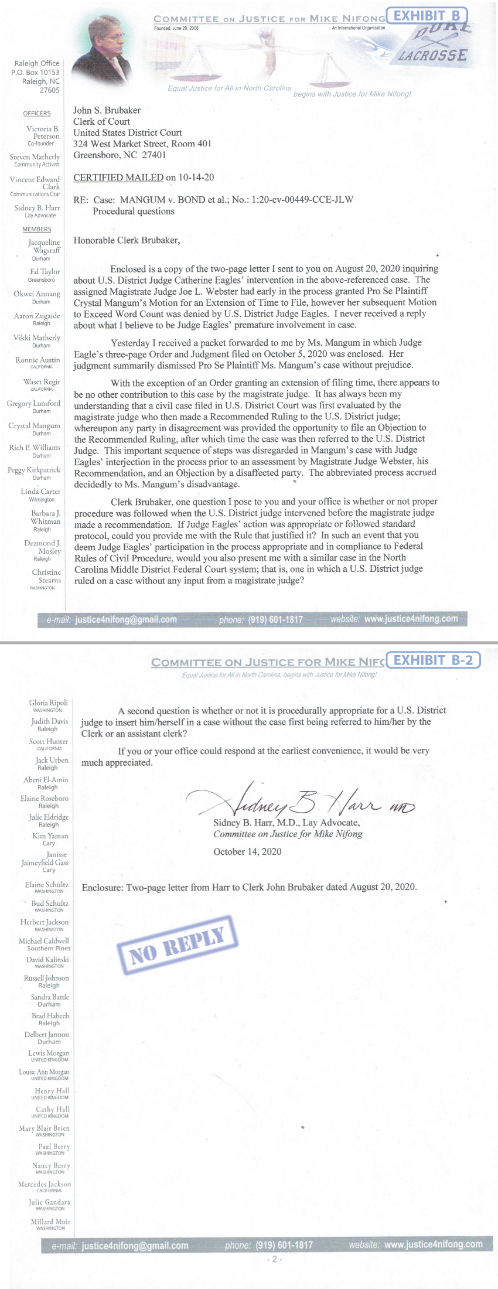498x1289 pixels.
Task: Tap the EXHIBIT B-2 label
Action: click(433, 660)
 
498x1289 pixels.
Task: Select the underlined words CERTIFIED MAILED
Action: click(118, 178)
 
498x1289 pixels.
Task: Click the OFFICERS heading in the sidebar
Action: click(37, 114)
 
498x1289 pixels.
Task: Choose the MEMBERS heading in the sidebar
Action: click(37, 229)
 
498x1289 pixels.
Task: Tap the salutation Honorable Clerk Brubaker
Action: click(127, 240)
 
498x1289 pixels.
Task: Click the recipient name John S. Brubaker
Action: click(107, 110)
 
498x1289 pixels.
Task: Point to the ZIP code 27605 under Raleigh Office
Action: click(49, 90)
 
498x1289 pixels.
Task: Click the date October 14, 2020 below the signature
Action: click(247, 851)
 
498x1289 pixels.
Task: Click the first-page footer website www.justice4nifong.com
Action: click(411, 619)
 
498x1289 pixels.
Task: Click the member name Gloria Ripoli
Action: click(49, 703)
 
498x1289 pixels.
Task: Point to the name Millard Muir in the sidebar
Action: click(50, 1222)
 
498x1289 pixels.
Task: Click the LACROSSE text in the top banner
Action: click(433, 56)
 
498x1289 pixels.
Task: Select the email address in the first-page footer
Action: click(126, 619)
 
